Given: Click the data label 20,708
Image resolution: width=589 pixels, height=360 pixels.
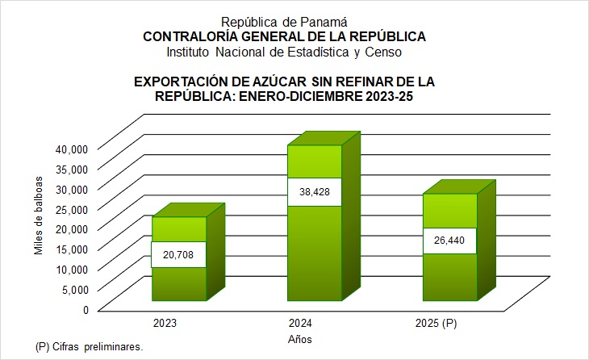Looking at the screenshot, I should [179, 256].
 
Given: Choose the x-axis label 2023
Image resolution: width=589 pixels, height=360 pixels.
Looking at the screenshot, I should [165, 324].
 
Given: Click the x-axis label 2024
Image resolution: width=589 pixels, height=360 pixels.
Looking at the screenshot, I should [301, 324].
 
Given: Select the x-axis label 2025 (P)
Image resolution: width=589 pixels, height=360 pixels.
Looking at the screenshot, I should [436, 324].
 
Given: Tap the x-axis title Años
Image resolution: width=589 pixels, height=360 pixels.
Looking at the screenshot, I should [299, 338].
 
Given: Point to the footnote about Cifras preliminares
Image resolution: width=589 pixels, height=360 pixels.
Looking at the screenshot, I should [90, 346].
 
